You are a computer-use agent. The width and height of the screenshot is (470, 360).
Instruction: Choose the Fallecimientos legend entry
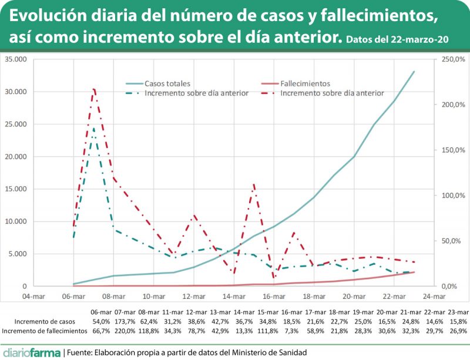[x=305, y=83]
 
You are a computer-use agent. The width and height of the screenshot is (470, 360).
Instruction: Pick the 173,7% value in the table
[x=126, y=321]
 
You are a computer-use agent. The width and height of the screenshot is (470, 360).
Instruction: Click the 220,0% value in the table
[x=126, y=331]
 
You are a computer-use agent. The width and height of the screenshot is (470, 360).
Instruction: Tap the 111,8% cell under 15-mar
[x=268, y=331]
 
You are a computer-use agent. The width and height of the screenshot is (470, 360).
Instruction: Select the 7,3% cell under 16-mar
[x=293, y=331]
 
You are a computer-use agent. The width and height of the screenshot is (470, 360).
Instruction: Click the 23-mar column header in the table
[x=457, y=312]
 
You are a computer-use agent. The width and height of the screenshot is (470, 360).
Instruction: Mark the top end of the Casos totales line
[x=414, y=72]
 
